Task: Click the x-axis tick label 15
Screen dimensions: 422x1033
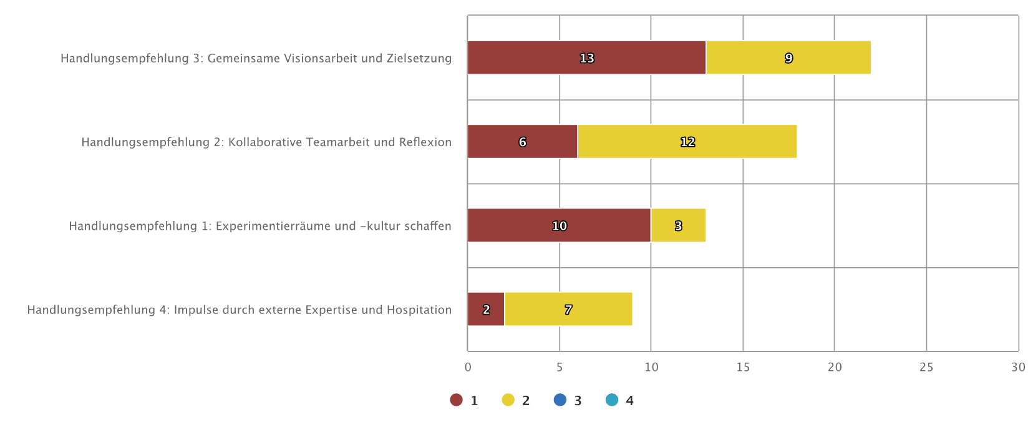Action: [743, 367]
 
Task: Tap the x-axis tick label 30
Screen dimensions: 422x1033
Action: [1018, 367]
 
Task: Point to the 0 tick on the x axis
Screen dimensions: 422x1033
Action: [468, 367]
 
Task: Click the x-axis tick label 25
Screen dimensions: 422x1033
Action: [926, 367]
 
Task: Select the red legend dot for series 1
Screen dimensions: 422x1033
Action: [456, 400]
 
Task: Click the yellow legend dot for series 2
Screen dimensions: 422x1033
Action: [508, 400]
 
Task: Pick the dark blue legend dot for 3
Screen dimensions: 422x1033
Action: [560, 400]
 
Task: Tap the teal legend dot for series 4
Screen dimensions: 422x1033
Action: [612, 400]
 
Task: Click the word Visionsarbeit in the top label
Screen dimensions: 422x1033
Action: [321, 59]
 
